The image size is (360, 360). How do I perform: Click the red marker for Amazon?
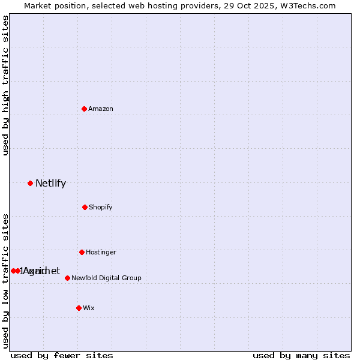[x=84, y=109]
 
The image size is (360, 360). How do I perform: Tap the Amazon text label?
[x=101, y=109]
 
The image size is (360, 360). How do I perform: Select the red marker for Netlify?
[x=30, y=183]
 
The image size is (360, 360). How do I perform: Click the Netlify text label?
[x=50, y=184]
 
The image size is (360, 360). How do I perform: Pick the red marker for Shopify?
[x=85, y=207]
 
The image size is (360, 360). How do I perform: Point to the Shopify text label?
[x=101, y=208]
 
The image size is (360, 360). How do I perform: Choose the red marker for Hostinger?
[x=82, y=252]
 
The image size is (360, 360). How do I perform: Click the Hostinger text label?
[x=101, y=253]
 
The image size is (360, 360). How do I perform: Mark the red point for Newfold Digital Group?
[x=67, y=278]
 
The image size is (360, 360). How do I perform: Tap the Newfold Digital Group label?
[x=106, y=278]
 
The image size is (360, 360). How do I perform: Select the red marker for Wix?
[x=79, y=308]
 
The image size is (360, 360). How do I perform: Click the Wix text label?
[x=89, y=308]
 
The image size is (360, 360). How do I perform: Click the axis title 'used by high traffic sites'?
[x=6, y=85]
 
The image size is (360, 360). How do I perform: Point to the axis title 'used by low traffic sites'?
[x=6, y=280]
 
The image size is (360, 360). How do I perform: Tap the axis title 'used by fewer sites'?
[x=62, y=356]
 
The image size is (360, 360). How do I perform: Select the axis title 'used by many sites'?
[x=301, y=356]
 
